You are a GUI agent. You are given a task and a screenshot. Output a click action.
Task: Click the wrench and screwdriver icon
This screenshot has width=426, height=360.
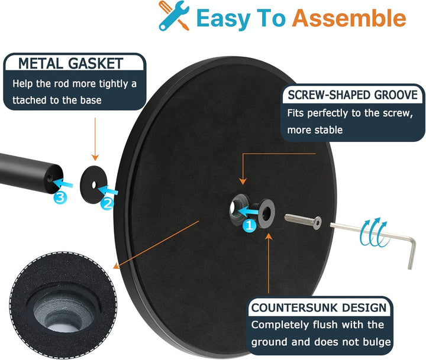[174, 15]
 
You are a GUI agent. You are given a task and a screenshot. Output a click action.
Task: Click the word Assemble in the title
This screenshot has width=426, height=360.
[350, 18]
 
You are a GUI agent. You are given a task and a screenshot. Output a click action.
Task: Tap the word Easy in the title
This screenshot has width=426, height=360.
[223, 18]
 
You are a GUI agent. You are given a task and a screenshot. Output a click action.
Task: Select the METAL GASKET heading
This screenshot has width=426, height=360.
[70, 63]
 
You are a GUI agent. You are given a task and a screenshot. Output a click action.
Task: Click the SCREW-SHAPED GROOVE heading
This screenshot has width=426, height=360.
[353, 95]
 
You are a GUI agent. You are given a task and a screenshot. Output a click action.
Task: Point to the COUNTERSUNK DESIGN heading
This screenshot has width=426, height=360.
[319, 307]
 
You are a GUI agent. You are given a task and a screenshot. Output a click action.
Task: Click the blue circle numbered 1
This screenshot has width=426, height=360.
[250, 225]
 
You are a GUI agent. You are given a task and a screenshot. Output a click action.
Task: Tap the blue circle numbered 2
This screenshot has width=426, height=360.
[107, 203]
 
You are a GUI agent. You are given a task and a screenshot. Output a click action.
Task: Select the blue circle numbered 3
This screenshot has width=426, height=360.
[60, 197]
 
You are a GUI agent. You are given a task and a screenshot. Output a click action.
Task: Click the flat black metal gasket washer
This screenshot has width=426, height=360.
[93, 184]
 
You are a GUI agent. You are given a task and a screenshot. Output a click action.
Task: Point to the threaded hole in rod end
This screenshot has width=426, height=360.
[50, 178]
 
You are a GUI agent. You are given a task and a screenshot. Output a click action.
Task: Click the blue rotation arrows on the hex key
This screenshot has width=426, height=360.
[373, 232]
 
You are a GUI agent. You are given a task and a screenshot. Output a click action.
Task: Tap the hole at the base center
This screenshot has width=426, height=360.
[233, 209]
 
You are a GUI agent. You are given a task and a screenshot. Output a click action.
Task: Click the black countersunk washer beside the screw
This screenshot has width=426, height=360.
[266, 213]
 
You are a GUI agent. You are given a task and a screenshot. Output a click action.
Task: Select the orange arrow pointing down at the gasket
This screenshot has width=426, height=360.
[95, 139]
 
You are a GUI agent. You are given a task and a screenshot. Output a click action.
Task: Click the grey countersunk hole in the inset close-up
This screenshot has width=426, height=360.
[64, 312]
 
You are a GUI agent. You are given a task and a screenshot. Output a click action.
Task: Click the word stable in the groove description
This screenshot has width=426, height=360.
[328, 130]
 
